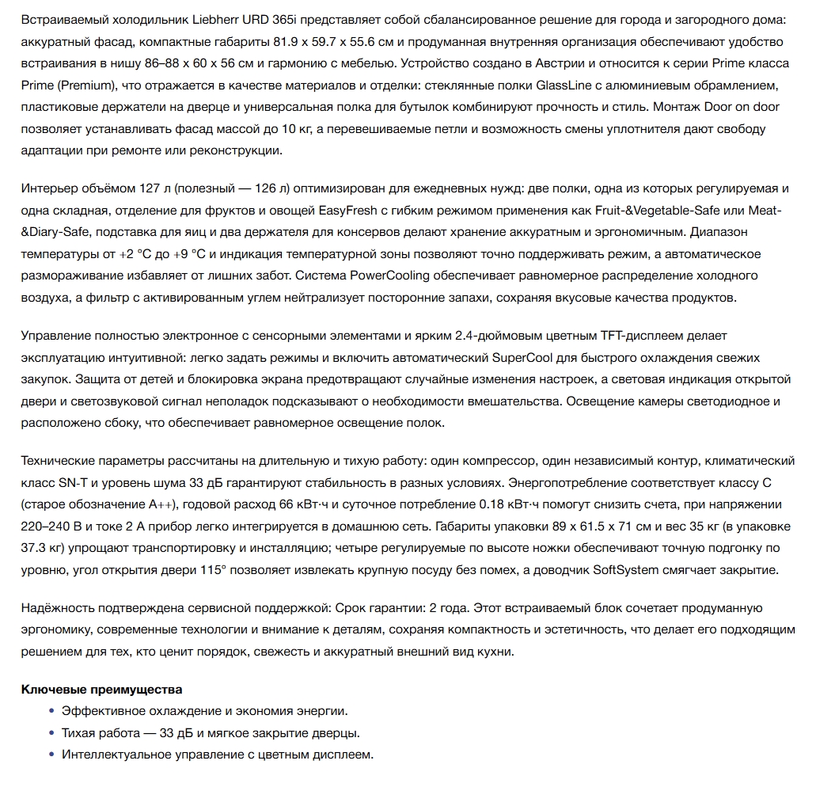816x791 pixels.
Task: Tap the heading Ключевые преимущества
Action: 101,690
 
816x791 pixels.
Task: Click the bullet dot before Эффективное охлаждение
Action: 52,712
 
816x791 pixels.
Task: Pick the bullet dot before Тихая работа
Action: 52,733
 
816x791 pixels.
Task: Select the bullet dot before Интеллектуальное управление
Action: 52,755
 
